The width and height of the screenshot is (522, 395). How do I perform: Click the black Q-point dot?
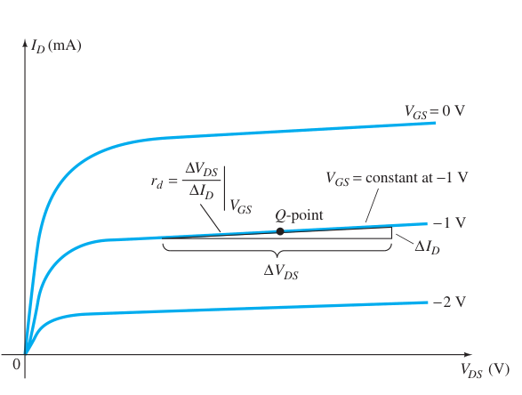pos(280,231)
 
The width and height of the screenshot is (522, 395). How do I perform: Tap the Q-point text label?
pos(299,215)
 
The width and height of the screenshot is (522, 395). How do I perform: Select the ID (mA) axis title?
pos(56,45)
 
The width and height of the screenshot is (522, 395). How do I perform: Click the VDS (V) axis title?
pos(485,370)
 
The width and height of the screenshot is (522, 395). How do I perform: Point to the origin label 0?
pos(16,365)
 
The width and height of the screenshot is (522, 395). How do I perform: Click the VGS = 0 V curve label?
pos(435,111)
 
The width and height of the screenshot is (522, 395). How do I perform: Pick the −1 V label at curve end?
pos(449,222)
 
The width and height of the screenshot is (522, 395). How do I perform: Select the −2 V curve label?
pos(449,302)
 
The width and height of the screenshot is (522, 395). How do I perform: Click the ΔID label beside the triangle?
pos(427,247)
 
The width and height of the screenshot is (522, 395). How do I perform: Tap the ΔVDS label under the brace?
pos(281,271)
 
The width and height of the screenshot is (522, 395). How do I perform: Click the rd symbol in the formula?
pos(157,182)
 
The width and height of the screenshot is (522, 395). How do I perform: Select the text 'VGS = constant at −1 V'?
pos(397,179)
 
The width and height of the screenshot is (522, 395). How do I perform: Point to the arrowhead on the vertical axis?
pos(25,44)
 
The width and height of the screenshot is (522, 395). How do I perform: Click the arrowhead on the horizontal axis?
pos(468,354)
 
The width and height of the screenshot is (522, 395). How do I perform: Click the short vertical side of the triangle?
pos(391,233)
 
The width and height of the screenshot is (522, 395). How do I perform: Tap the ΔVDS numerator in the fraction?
pos(201,170)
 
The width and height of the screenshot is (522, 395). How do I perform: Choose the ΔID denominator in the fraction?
pos(201,192)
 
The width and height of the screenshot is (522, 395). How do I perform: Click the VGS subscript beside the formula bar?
pos(241,206)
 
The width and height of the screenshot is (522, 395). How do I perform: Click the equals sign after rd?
pos(173,181)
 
